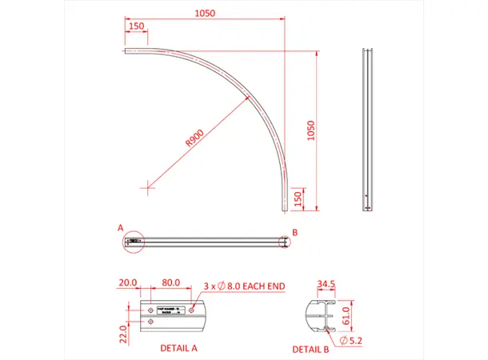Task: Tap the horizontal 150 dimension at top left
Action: pos(136,26)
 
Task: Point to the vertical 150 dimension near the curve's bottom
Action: pos(298,199)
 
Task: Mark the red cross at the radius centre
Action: pos(146,188)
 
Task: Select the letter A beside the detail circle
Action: pos(120,228)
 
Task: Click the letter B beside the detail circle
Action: pos(294,232)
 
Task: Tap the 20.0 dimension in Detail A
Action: pos(128,282)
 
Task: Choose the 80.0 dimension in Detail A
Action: pos(170,282)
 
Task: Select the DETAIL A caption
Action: pos(178,348)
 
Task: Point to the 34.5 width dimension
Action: pos(326,284)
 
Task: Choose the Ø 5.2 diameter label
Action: pos(353,342)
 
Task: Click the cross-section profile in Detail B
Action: pos(320,316)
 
